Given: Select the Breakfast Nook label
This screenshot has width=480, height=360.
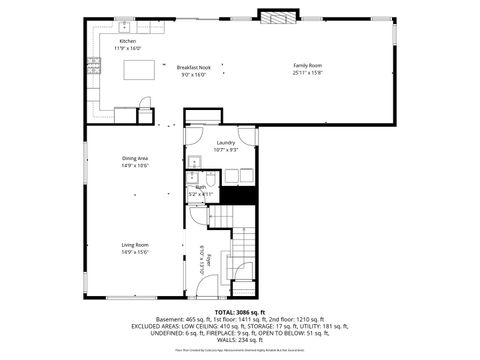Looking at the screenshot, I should tap(192, 66).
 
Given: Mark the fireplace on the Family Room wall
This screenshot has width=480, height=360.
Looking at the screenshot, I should tap(277, 17).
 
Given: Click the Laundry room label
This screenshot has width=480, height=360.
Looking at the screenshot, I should tap(225, 143).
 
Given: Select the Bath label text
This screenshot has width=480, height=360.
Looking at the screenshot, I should tap(201, 187).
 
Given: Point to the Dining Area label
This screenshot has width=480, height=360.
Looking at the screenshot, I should tap(135, 159).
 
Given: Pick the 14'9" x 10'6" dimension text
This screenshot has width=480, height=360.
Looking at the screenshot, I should tap(135, 166).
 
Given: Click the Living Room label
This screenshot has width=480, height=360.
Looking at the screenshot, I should tap(135, 245).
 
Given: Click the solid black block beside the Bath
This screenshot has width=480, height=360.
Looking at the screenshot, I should tap(234, 195).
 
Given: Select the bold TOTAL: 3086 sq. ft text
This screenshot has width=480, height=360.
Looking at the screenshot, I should tap(240, 312).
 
